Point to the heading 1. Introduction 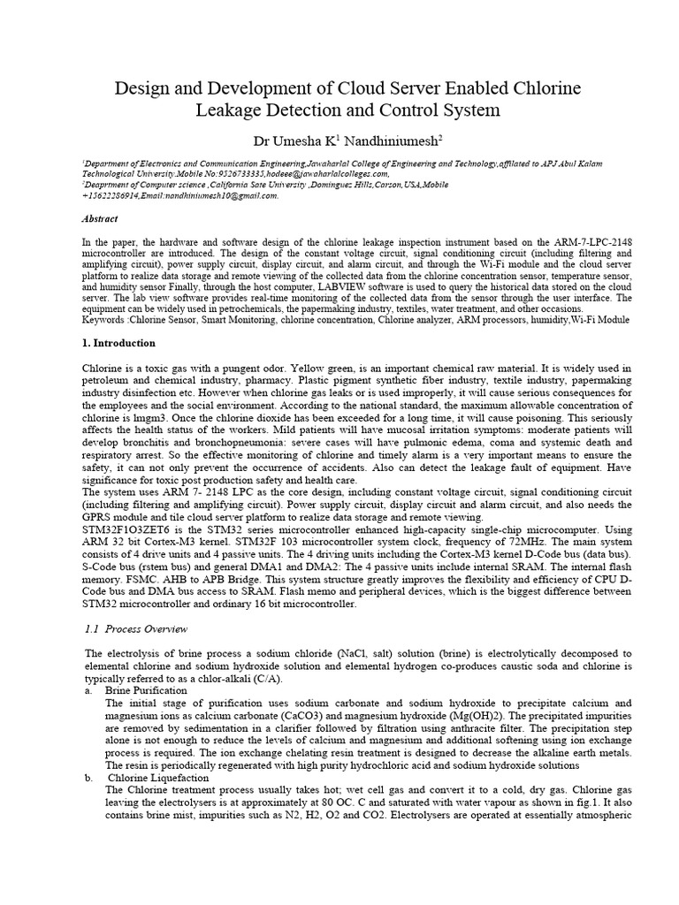[x=125, y=342]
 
